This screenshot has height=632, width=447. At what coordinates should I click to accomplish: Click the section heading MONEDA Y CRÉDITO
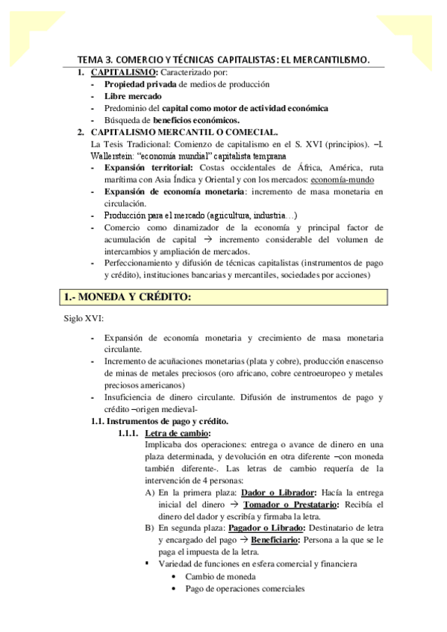(127, 297)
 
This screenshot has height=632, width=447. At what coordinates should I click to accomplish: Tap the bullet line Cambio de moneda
(220, 576)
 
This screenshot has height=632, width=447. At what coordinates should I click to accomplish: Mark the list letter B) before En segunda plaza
(150, 528)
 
